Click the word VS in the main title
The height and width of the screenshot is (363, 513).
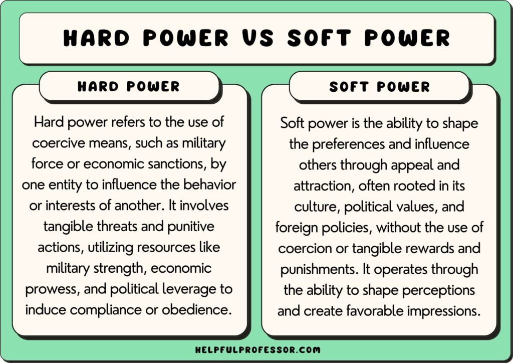coord(256,38)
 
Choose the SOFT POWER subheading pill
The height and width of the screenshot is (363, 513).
coord(379,86)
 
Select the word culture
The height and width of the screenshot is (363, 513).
coord(313,207)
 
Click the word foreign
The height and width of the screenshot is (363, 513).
coord(298,228)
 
